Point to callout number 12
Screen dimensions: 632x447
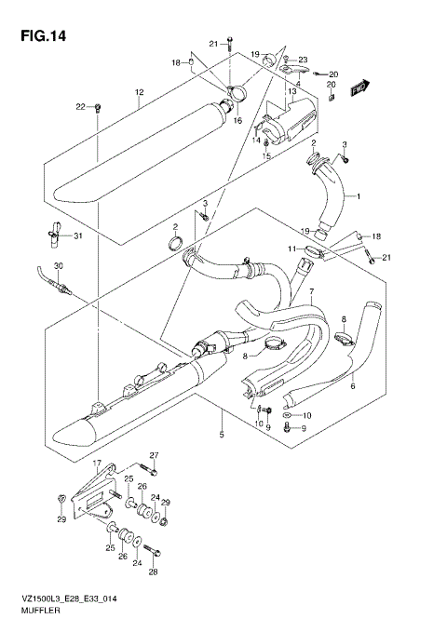point(138,92)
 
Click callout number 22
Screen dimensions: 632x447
point(80,106)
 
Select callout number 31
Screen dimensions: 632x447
point(78,235)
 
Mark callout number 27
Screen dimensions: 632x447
point(155,454)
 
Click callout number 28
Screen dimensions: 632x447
point(155,571)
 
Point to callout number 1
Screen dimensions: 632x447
point(357,197)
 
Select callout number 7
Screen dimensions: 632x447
point(312,292)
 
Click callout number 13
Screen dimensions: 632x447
point(291,91)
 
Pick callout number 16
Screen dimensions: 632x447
point(237,121)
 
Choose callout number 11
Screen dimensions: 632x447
point(291,249)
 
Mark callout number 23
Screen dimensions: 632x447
point(302,61)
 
